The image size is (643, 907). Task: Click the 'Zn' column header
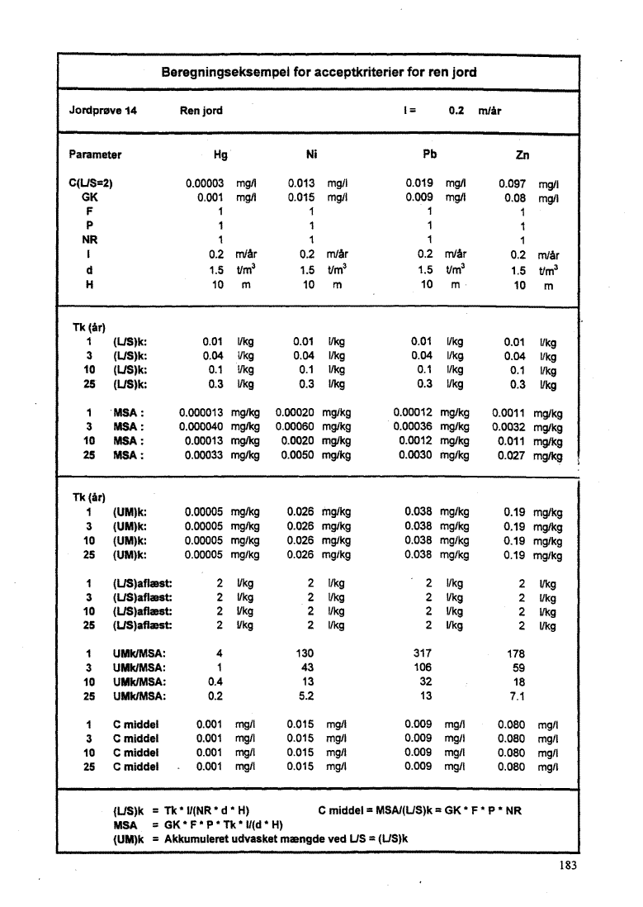(522, 155)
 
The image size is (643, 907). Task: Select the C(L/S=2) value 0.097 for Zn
(515, 185)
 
